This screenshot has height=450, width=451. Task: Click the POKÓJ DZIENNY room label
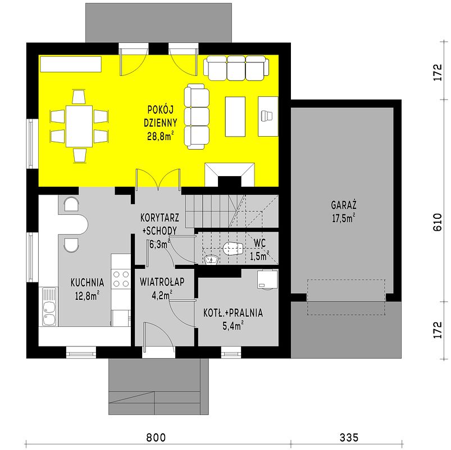tap(160, 116)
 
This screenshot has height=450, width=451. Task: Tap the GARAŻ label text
tap(343, 205)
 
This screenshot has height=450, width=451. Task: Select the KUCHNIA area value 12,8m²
tap(87, 295)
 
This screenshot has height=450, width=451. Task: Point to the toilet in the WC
tap(233, 249)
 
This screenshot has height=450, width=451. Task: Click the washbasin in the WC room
tap(211, 259)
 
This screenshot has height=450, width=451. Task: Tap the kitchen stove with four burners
tap(121, 279)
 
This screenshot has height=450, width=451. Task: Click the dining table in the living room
tap(79, 126)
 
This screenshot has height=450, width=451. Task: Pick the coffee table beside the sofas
tap(235, 116)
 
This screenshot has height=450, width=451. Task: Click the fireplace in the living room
tap(230, 174)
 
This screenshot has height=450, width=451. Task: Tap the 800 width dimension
tap(156, 437)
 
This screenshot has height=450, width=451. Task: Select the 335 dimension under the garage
tap(349, 437)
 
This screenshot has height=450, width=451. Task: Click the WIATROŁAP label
tap(162, 282)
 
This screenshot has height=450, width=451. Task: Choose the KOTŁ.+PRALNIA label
tap(233, 313)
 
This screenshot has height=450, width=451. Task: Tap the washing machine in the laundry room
tap(267, 279)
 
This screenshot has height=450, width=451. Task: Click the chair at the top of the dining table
tap(79, 97)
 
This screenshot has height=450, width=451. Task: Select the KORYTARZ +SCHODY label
tap(160, 224)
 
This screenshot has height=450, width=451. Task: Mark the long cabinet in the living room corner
tap(71, 64)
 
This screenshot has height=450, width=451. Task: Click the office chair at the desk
tap(267, 115)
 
